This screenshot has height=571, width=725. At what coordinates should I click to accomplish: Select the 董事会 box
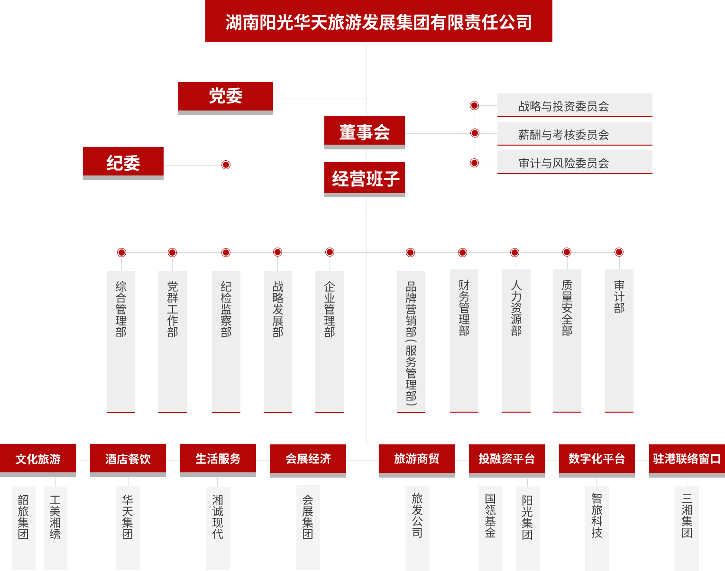tap(365, 132)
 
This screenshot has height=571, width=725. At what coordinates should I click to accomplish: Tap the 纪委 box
tap(123, 164)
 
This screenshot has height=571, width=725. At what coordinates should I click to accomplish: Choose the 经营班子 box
tap(365, 179)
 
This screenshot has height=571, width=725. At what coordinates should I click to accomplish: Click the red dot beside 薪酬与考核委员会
tap(475, 133)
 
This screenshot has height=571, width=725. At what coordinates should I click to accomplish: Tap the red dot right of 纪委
tap(226, 165)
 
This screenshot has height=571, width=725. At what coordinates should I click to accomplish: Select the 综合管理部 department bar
tap(121, 342)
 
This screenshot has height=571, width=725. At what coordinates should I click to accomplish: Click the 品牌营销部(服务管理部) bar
tap(411, 342)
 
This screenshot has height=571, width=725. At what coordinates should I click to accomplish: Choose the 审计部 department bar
tap(619, 341)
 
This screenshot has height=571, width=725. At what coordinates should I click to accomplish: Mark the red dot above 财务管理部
tap(463, 252)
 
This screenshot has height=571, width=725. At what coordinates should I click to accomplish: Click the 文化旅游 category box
tap(38, 460)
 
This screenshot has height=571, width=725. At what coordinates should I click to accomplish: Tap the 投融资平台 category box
tap(507, 461)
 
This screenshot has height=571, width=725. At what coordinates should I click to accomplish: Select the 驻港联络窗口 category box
tap(687, 461)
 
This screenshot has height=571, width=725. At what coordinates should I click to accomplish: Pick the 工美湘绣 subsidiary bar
tap(55, 528)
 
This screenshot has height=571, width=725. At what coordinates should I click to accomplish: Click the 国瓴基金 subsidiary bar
tap(490, 528)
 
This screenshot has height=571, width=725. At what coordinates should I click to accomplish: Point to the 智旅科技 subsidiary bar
tap(597, 528)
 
